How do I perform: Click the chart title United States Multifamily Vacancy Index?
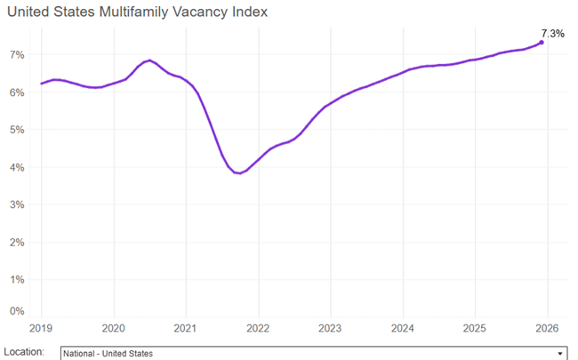click(x=136, y=12)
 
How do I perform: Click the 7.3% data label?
click(x=552, y=33)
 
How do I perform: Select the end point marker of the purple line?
click(x=542, y=42)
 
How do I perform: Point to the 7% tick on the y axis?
click(x=17, y=54)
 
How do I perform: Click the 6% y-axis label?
click(x=17, y=92)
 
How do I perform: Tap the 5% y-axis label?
click(x=17, y=130)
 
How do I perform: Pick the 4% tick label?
click(x=17, y=167)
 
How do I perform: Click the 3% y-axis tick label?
click(x=17, y=204)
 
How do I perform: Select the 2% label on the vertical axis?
click(x=17, y=242)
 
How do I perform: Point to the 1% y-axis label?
click(x=17, y=279)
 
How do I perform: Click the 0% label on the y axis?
click(x=17, y=310)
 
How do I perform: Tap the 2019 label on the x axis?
click(x=42, y=326)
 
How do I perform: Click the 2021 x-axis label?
click(x=185, y=326)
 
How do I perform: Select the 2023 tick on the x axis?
click(x=330, y=326)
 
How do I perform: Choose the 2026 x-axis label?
click(x=546, y=326)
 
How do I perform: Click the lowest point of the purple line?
click(x=238, y=173)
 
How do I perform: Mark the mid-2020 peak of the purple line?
click(x=149, y=60)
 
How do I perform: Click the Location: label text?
click(x=25, y=352)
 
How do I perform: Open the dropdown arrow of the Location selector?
click(x=559, y=353)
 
